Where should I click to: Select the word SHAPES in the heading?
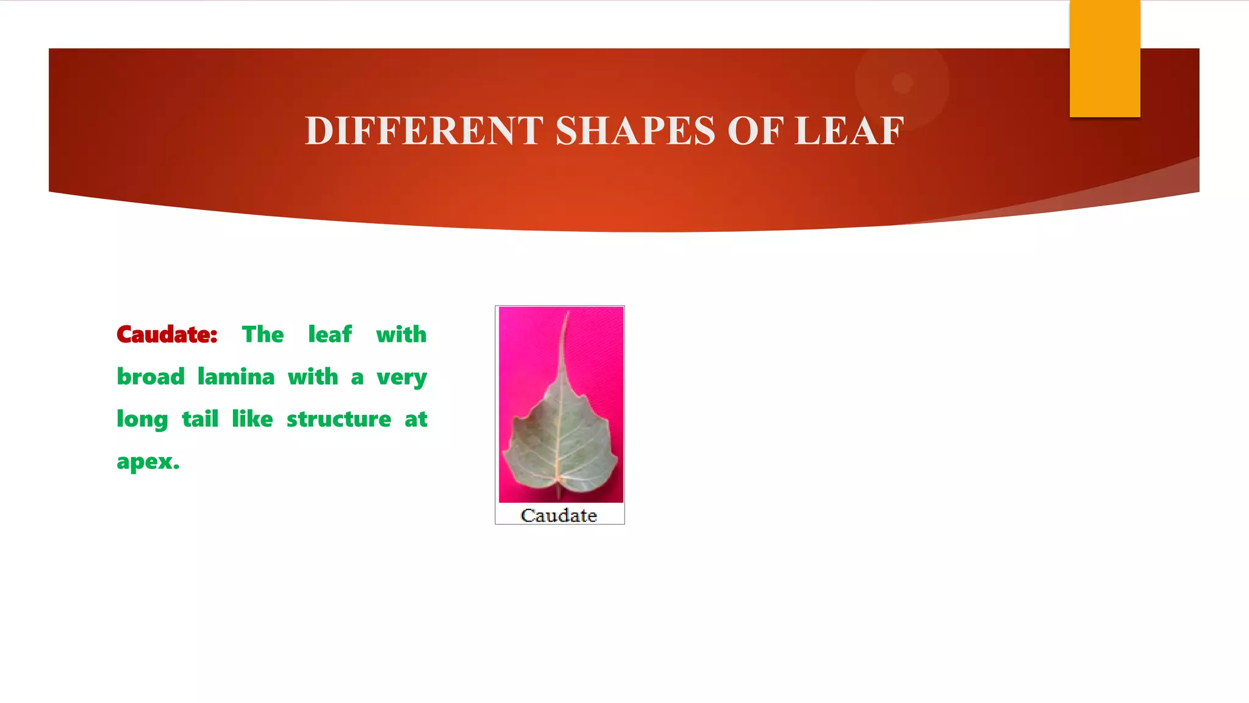coord(635,131)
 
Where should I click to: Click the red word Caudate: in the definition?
coord(167,334)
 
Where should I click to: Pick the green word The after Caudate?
coord(263,334)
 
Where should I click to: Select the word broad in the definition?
coord(151,377)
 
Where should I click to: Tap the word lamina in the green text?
coord(236,377)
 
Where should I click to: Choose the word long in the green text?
coord(142,420)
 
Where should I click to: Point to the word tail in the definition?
coord(200,419)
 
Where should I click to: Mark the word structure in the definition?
coord(339,419)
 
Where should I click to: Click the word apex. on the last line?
coord(148,462)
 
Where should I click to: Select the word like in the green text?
coord(252,419)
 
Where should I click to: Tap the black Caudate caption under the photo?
coord(559,516)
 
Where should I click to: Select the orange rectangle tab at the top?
coord(1104,58)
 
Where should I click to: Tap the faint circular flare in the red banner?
coord(902,83)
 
